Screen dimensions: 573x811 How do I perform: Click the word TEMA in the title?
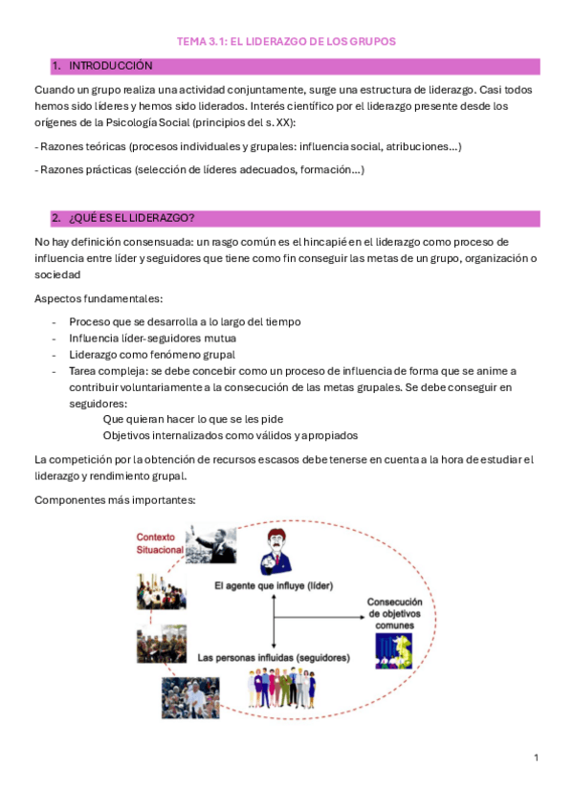click(194, 42)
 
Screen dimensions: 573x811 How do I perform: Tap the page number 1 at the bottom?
click(537, 757)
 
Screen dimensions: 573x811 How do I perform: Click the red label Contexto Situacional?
click(160, 544)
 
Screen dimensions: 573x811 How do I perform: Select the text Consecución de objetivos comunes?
click(394, 613)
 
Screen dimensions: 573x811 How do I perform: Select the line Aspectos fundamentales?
click(98, 299)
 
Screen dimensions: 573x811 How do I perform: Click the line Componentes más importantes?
click(114, 499)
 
